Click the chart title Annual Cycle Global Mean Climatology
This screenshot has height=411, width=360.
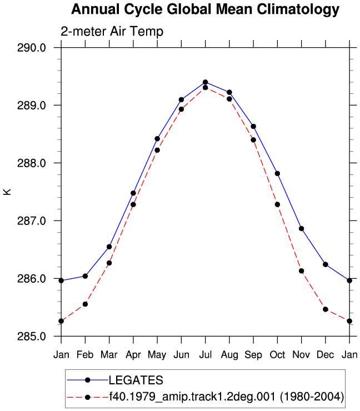tap(205, 9)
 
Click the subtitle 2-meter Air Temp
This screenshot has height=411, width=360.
tap(112, 32)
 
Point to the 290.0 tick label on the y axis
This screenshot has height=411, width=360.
tap(32, 48)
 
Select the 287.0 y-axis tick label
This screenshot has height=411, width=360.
tap(32, 220)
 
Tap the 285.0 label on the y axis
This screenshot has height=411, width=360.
tap(32, 336)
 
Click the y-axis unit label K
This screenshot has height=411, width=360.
tap(7, 192)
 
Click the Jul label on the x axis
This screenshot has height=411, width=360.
tap(206, 355)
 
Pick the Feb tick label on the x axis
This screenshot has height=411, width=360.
tap(85, 355)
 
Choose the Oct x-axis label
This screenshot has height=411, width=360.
tap(277, 355)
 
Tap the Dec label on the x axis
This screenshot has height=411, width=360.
tap(326, 355)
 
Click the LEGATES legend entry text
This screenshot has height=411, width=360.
tap(136, 380)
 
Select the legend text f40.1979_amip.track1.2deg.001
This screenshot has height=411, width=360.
tap(192, 397)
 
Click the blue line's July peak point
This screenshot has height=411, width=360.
tap(206, 82)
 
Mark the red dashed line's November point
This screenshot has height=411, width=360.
tap(302, 271)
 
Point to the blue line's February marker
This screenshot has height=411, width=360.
tap(85, 276)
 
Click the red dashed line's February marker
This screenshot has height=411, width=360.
tap(85, 304)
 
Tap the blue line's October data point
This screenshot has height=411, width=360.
tap(277, 173)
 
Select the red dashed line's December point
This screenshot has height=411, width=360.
tap(326, 309)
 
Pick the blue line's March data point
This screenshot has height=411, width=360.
tap(109, 247)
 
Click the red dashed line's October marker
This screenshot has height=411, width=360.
tap(277, 204)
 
